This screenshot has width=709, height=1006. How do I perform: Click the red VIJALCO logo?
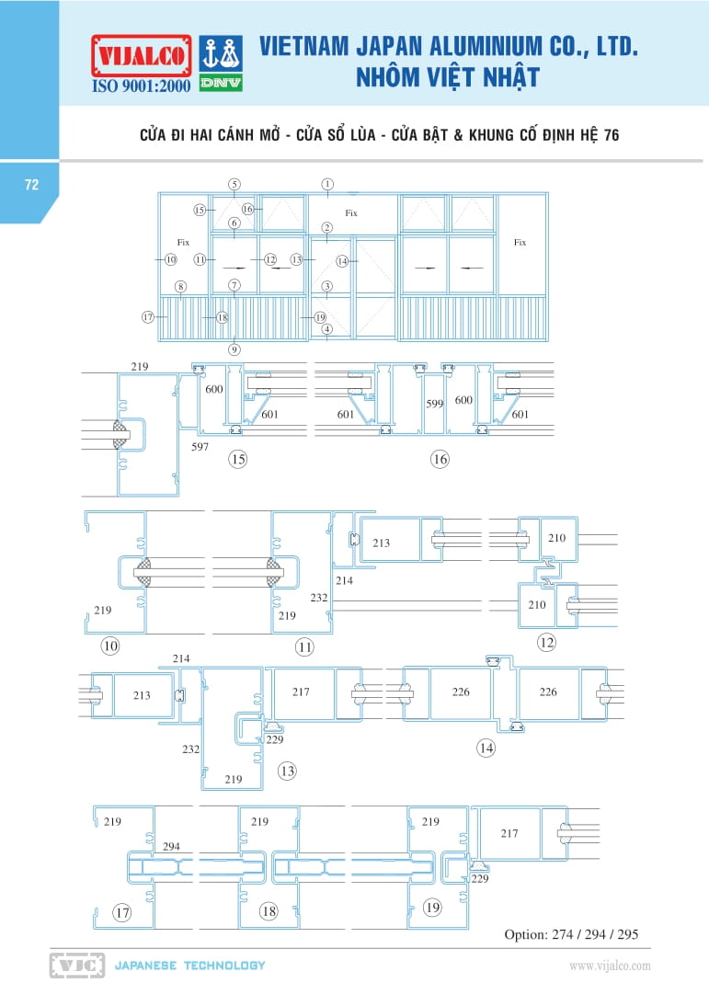click(x=142, y=56)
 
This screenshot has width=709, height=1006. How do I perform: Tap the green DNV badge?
click(x=221, y=83)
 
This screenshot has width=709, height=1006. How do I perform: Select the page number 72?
click(x=31, y=185)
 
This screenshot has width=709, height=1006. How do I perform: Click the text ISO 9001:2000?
click(x=142, y=86)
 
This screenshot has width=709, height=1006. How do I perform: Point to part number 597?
click(x=200, y=447)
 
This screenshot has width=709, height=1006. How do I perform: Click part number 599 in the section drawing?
click(x=434, y=404)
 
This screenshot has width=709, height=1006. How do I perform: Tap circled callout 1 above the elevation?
click(x=328, y=184)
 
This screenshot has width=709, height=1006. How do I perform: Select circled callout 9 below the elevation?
click(x=234, y=349)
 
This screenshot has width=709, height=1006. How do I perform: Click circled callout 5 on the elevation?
click(x=234, y=184)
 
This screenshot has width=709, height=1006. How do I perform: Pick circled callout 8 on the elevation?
click(x=181, y=287)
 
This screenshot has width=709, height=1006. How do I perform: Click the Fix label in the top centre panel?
click(x=351, y=213)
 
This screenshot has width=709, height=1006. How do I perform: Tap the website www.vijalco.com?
click(x=610, y=966)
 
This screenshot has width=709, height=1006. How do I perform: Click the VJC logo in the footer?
click(x=77, y=965)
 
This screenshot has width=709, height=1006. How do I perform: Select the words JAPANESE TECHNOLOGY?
click(x=190, y=965)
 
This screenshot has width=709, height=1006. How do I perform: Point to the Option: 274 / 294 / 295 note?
click(x=571, y=934)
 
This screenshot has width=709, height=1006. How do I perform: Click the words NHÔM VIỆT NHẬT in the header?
click(x=448, y=77)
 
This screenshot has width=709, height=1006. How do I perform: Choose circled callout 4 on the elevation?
click(x=327, y=329)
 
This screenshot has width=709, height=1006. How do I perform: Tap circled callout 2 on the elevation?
click(x=327, y=228)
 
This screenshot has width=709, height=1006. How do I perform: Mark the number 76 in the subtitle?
click(x=612, y=135)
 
